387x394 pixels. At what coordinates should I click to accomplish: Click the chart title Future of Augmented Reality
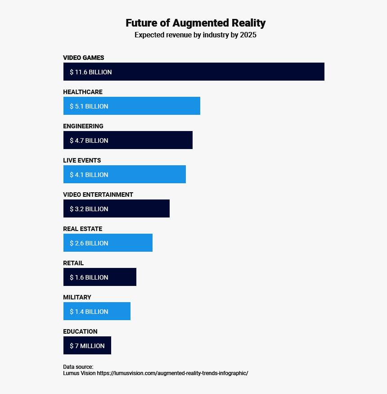[x=195, y=23]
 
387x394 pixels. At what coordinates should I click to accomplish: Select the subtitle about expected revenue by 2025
[x=195, y=35]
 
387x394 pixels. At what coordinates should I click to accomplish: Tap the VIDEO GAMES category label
[x=84, y=58]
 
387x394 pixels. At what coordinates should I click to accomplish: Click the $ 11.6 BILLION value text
[x=91, y=72]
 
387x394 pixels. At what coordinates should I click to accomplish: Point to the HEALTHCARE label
[x=83, y=92]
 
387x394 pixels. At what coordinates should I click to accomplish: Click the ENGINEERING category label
[x=83, y=126]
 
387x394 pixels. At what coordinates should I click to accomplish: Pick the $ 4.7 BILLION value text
[x=89, y=140]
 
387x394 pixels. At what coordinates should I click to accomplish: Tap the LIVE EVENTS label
[x=82, y=160]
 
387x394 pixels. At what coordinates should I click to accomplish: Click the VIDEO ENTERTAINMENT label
[x=98, y=195]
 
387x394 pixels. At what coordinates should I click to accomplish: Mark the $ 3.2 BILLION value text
[x=89, y=209]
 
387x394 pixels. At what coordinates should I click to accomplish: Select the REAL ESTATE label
[x=83, y=229]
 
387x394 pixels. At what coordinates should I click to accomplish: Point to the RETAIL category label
[x=73, y=263]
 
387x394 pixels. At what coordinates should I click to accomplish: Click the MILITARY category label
[x=77, y=297]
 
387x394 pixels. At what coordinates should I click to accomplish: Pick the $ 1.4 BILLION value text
[x=89, y=312]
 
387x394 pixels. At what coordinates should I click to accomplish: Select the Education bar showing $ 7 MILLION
[x=87, y=345]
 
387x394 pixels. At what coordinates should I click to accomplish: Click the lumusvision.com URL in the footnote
[x=172, y=373]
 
